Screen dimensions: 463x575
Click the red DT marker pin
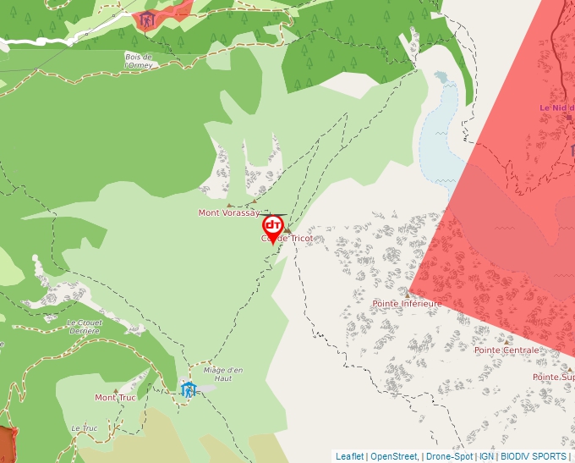point(272,227)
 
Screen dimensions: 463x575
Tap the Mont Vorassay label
point(228,213)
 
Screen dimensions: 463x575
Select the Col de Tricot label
point(287,239)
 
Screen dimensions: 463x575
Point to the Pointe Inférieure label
point(407,303)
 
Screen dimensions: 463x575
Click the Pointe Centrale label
point(507,350)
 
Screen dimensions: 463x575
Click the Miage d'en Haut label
point(223,374)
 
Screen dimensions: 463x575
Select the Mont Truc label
point(115,398)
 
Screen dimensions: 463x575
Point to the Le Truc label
point(85,428)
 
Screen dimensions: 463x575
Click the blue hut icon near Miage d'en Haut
point(188,389)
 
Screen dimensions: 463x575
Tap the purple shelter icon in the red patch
point(147,19)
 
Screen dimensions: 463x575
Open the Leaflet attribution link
point(349,456)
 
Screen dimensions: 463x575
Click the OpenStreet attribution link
point(393,456)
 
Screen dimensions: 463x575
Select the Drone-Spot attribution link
point(449,456)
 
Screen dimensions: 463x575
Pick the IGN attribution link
point(486,456)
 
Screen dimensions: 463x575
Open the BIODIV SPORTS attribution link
point(534,456)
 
